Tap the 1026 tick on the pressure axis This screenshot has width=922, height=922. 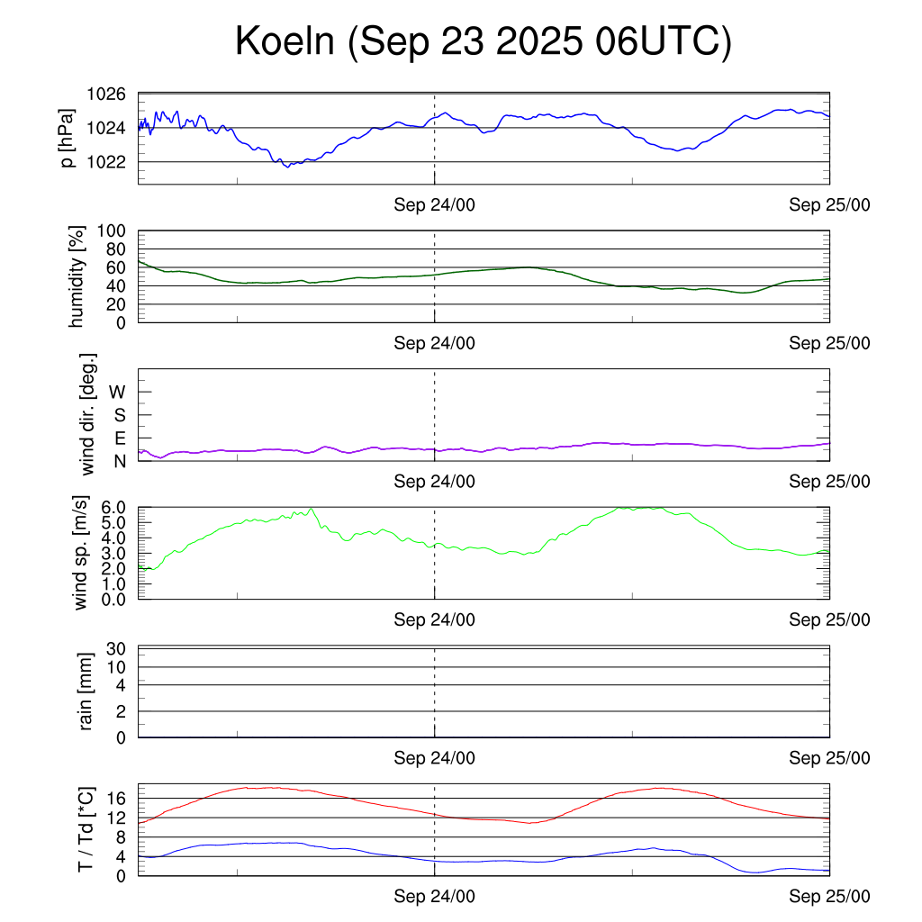coord(106,94)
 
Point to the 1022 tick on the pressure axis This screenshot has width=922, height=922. coord(106,162)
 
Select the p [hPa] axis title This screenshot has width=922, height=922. coord(68,139)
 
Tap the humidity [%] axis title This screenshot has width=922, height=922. coord(77,276)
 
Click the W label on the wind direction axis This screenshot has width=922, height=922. coord(117,392)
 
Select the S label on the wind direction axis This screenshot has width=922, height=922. coord(119,415)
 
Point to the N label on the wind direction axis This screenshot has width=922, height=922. coord(119,460)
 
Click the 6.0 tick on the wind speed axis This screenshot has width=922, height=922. coord(113,507)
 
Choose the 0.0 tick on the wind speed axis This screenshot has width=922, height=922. coord(113,599)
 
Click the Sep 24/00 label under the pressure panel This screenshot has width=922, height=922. coord(434,204)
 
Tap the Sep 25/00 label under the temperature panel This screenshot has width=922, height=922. coord(829,896)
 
